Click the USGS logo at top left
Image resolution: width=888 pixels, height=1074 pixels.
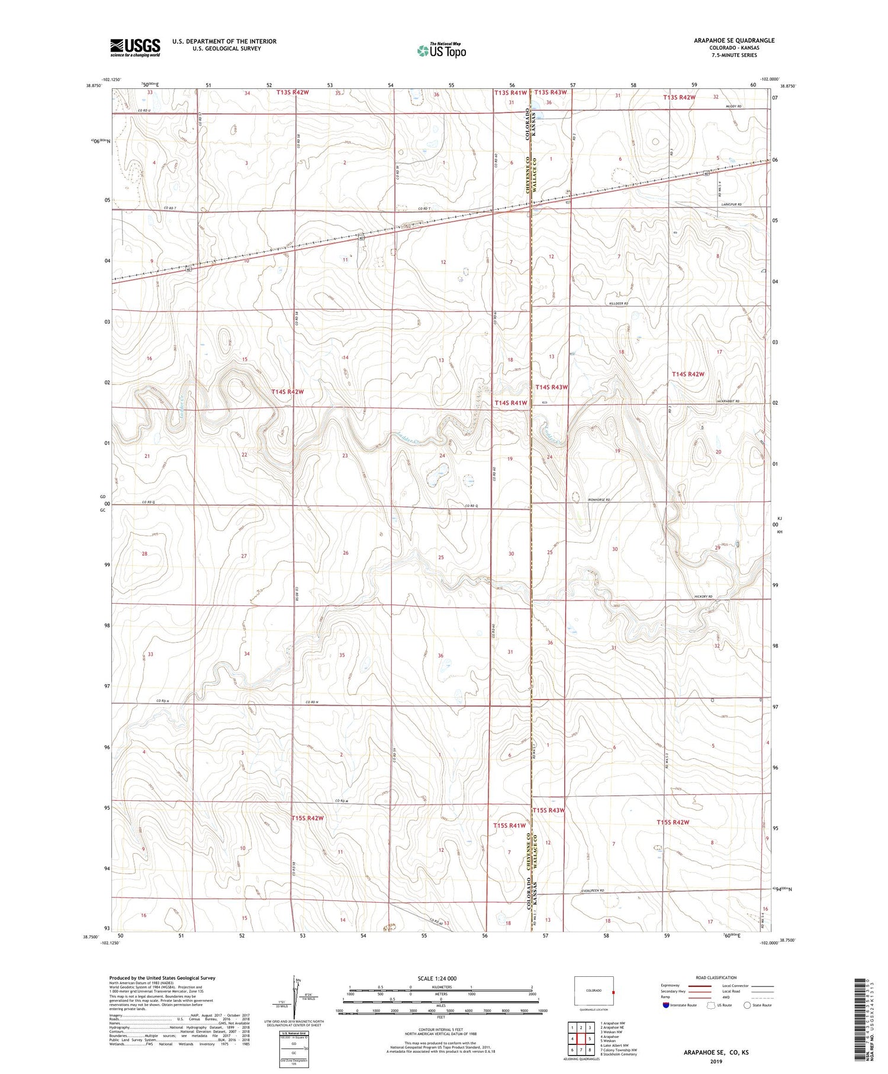click(135, 47)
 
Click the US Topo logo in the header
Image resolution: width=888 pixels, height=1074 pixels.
click(441, 51)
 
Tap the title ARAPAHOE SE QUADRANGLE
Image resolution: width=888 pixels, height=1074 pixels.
click(734, 40)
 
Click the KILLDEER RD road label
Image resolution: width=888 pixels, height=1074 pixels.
click(618, 303)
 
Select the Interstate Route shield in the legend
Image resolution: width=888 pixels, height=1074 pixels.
click(666, 1005)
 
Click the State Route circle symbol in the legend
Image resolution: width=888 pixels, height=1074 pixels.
click(747, 1005)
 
